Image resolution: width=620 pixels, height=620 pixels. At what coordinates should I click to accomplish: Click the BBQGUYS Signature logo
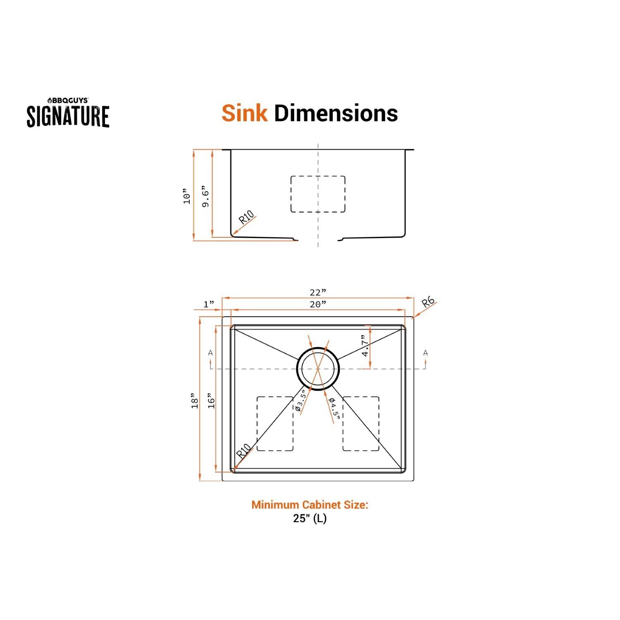click(68, 113)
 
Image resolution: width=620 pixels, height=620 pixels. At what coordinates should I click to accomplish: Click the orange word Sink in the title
click(244, 113)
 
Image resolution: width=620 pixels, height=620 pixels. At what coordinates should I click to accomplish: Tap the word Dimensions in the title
click(336, 113)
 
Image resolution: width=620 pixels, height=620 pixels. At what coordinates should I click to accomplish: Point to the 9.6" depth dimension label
click(206, 198)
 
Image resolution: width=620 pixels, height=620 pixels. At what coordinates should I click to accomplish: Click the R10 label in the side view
click(247, 217)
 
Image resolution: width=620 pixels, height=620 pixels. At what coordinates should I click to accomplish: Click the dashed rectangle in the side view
click(318, 194)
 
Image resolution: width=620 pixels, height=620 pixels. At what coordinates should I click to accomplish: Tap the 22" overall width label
click(318, 292)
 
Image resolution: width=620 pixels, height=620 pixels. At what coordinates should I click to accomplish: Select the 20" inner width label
click(318, 304)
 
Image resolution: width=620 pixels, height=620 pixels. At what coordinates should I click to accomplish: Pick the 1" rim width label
click(209, 304)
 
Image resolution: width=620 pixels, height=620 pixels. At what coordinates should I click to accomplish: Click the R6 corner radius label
click(428, 303)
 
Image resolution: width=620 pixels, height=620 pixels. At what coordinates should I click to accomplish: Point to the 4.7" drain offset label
click(364, 346)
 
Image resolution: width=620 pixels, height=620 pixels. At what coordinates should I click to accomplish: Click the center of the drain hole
click(318, 369)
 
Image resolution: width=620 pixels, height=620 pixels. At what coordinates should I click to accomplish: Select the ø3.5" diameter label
click(300, 401)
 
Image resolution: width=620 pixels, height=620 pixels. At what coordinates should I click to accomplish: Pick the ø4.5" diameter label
click(334, 409)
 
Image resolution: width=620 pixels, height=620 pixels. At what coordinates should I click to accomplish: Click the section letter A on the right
click(425, 353)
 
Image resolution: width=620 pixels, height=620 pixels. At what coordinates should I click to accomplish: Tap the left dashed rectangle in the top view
click(275, 424)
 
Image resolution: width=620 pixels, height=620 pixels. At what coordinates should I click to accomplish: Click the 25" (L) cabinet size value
click(310, 518)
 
